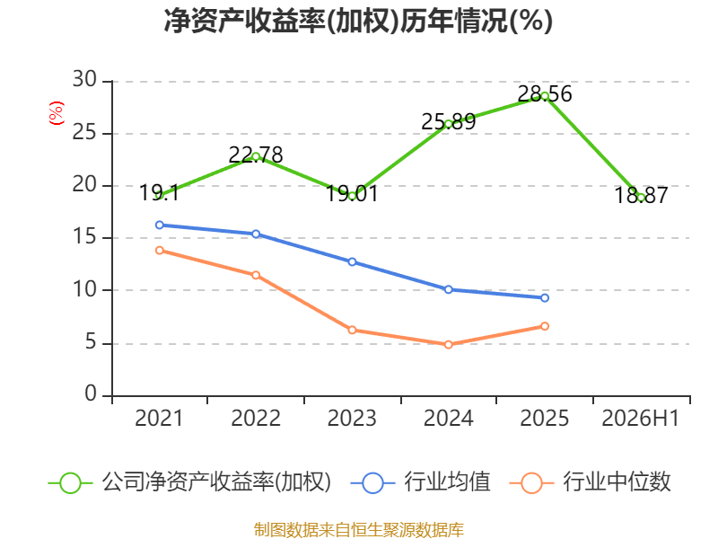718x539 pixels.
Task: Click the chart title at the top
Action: point(358,21)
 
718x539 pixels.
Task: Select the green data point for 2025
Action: point(545,96)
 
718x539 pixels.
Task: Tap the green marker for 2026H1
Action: point(641,198)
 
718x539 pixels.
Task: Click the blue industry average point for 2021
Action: point(160,225)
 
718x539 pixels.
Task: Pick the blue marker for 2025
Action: point(545,298)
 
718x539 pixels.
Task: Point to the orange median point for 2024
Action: point(448,344)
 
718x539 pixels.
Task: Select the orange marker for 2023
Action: point(352,330)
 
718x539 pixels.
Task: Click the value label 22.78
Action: point(256,155)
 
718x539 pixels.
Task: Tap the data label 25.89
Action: point(448,122)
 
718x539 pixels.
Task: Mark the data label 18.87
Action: point(641,195)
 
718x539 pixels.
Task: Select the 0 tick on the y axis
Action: point(91,393)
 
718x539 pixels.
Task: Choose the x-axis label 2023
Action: point(352,418)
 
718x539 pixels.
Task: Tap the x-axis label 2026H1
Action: point(640,418)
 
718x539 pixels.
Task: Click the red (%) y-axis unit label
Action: point(57,113)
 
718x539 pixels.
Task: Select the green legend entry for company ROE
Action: point(189,482)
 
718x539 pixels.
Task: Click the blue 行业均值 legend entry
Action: point(420,482)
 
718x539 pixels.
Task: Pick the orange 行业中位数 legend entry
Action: point(590,482)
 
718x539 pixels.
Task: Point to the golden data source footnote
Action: point(359,530)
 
